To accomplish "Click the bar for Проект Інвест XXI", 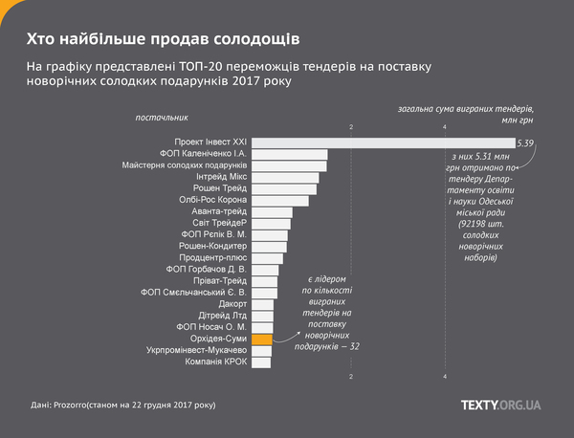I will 383,142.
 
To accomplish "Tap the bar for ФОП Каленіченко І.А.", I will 290,154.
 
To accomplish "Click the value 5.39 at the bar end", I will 525,143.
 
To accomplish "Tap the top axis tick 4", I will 445,127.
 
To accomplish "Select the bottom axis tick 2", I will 351,378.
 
